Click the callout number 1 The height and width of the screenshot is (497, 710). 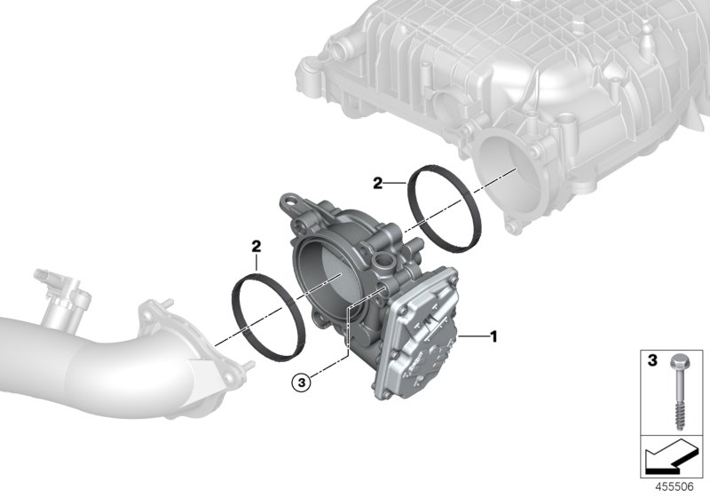tap(495, 336)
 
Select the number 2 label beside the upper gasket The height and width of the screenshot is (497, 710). tap(377, 184)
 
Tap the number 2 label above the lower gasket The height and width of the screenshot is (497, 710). tap(256, 243)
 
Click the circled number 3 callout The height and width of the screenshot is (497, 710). tap(303, 383)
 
